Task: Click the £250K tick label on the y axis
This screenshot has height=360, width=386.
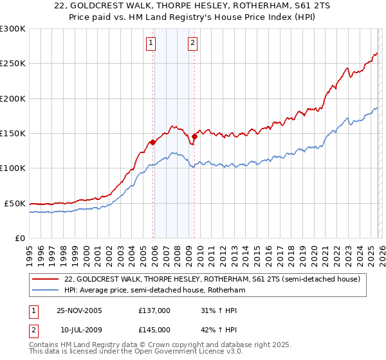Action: pyautogui.click(x=13, y=64)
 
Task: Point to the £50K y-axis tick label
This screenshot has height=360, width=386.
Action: pyautogui.click(x=15, y=203)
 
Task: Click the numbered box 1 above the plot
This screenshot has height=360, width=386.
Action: pyautogui.click(x=151, y=43)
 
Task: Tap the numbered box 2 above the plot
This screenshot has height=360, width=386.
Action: pyautogui.click(x=192, y=43)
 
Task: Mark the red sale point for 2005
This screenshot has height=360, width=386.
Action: pyautogui.click(x=153, y=142)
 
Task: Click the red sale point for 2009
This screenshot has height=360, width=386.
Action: pyautogui.click(x=194, y=136)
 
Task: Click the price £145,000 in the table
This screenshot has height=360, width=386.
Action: pyautogui.click(x=154, y=329)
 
